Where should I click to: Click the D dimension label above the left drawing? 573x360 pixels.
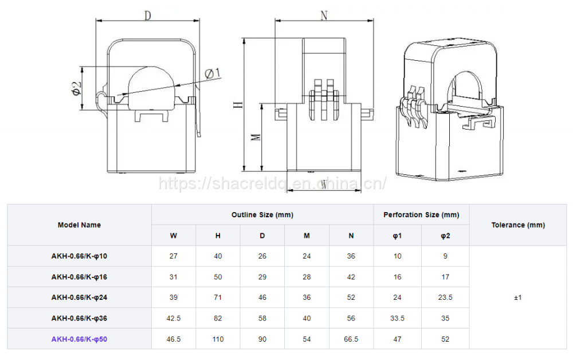coord(147,15)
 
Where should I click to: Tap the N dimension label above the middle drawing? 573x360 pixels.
coord(324,15)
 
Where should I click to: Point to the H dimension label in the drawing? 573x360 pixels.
coord(238,104)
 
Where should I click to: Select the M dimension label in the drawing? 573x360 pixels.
coord(256,138)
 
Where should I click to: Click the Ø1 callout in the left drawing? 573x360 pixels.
coord(213,73)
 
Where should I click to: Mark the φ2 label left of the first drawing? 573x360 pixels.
coord(76,88)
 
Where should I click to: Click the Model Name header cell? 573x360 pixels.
coord(79,225)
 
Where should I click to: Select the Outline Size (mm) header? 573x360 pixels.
coord(262,214)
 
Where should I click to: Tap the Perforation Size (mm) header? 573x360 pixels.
coord(421,214)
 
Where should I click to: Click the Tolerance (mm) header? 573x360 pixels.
coord(518,225)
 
